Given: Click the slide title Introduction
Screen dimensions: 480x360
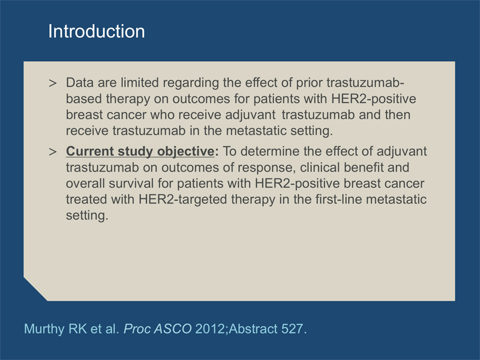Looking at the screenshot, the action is (x=97, y=31).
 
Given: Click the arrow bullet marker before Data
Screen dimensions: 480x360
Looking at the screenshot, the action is (x=53, y=83).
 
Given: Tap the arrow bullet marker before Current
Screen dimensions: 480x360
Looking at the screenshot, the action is (x=53, y=152).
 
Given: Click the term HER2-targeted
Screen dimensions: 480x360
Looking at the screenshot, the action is (x=183, y=200).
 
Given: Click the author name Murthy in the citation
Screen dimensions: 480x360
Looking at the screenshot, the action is (x=44, y=329).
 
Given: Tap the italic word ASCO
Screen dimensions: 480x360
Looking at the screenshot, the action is (x=173, y=329).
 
